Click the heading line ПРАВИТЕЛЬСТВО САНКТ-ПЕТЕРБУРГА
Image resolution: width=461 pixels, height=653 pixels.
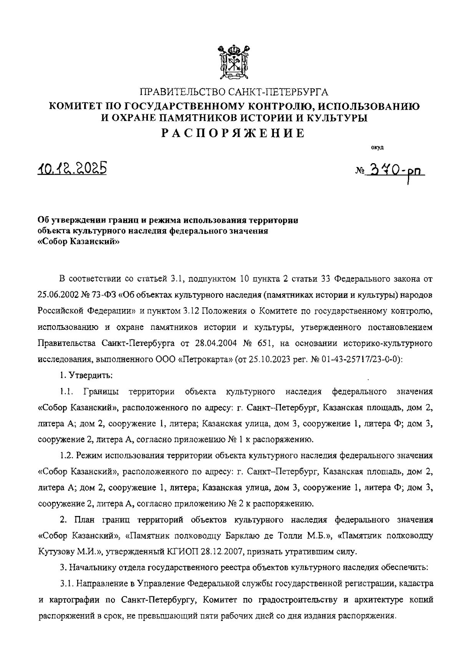tap(234, 92)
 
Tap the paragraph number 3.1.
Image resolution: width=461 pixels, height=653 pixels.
tap(66, 583)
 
